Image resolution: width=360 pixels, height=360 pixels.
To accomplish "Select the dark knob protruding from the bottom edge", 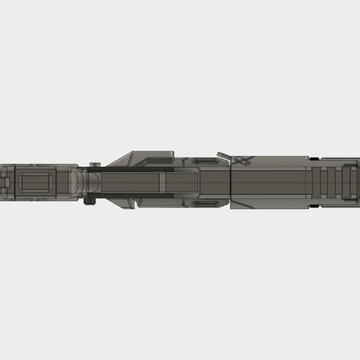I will pos(91,199).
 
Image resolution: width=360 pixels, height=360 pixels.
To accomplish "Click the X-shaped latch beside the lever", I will pos(242,160).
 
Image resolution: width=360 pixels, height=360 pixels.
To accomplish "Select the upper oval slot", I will pos(203,161).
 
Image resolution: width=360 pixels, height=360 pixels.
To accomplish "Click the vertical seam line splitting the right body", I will pos(231,184).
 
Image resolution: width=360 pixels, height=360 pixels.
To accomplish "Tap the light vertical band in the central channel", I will pos(160,182).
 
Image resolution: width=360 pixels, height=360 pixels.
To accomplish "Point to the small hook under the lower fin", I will pos(137,201).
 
